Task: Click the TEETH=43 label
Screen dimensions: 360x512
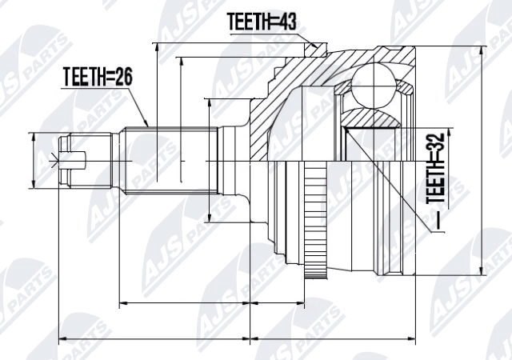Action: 262,22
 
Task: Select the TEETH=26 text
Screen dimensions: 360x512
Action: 97,78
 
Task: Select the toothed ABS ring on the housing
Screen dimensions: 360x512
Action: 318,220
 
